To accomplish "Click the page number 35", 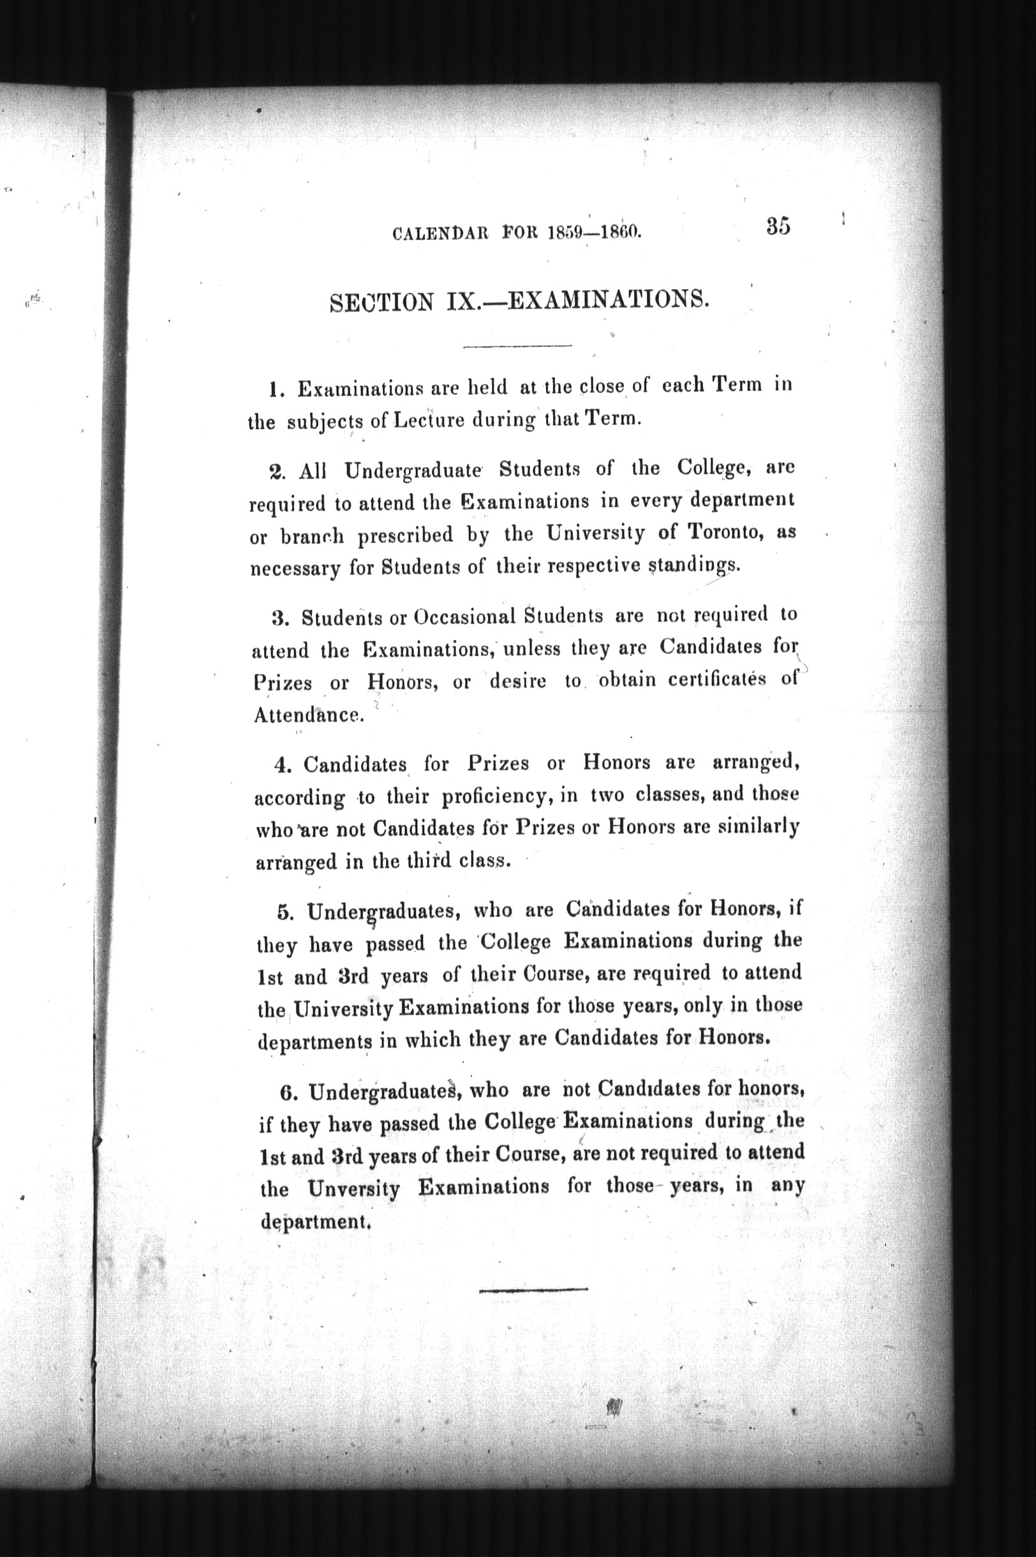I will [x=778, y=226].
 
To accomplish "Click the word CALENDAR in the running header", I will [x=440, y=234].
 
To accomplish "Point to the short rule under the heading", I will [x=517, y=346].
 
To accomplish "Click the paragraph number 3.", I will [x=277, y=619].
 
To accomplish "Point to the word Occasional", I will [x=464, y=617].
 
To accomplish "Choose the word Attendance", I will [x=308, y=715].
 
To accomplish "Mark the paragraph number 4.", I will [x=280, y=766].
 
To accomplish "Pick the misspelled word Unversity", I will [x=353, y=1189].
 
